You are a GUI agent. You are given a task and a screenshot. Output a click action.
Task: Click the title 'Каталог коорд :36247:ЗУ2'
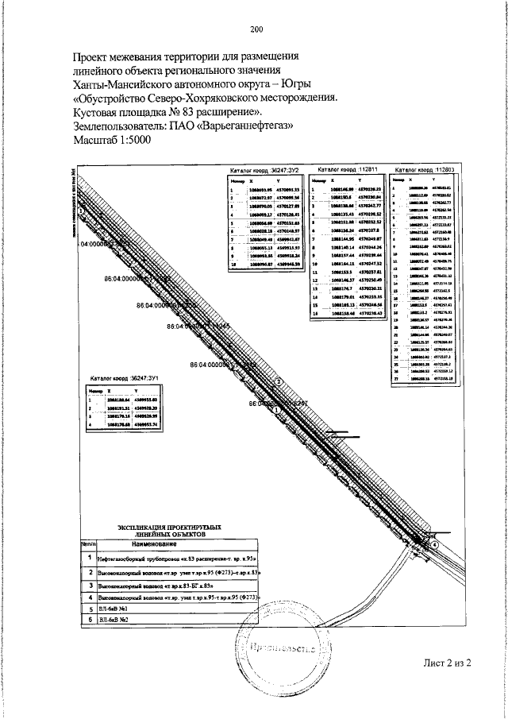point(262,170)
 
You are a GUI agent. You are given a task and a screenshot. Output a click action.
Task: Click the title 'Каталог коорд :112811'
point(347,169)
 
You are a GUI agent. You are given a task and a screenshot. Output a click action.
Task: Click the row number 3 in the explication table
point(90,584)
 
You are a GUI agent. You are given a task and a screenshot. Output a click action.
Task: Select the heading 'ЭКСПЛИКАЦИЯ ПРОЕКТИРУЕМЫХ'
point(169,528)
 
